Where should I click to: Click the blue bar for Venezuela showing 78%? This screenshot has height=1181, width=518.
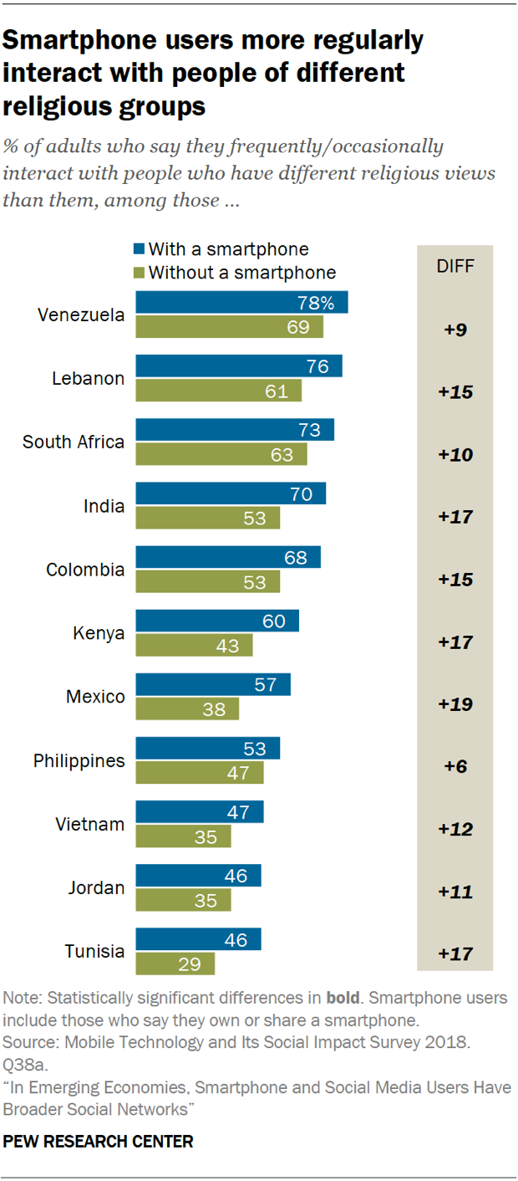241,303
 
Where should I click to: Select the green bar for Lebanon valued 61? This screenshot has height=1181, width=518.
218,391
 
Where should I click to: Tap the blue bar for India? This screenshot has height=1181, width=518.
231,493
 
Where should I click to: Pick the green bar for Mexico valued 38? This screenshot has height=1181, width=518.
187,709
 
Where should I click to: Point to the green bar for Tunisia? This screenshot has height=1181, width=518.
175,964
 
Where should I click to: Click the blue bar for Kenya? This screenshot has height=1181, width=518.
217,621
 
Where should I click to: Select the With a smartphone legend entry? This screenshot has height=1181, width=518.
221,249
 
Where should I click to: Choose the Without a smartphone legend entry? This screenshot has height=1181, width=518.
234,272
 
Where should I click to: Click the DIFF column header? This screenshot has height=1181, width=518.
455,266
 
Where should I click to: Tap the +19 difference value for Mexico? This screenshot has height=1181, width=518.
455,704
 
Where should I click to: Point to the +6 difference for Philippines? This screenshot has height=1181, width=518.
455,767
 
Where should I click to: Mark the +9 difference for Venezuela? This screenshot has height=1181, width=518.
455,329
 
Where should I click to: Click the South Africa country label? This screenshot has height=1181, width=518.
74,442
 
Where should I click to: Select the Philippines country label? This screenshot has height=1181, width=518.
79,761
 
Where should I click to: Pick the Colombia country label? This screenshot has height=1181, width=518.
86,570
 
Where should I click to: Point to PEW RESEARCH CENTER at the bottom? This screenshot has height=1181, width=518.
99,1141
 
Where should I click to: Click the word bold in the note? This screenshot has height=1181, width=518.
343,999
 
